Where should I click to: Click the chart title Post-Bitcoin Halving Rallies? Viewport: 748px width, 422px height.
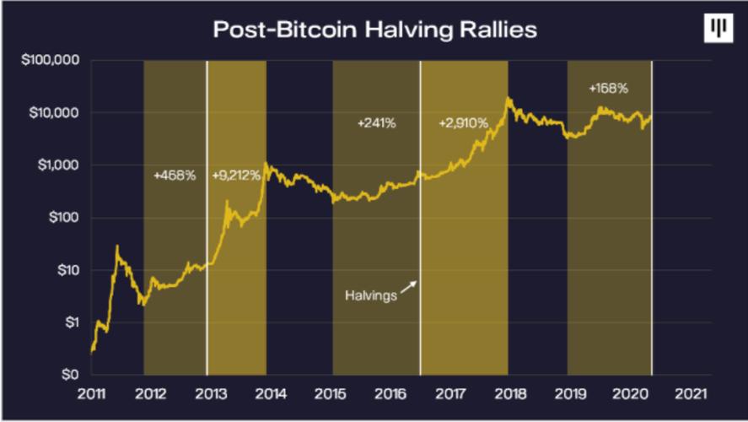(x=374, y=29)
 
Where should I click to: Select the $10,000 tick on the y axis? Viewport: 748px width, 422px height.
(x=51, y=113)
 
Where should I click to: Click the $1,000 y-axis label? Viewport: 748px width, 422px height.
(x=55, y=165)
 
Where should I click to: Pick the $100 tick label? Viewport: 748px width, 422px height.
(x=61, y=218)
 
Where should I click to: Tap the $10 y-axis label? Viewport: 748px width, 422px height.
(x=64, y=270)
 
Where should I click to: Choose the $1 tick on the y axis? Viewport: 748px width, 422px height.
(x=67, y=322)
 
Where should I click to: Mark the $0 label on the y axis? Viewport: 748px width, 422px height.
(x=67, y=375)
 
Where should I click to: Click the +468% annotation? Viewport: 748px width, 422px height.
(x=175, y=176)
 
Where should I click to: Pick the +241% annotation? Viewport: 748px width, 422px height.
(x=376, y=123)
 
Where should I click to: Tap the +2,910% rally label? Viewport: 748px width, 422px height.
(x=463, y=123)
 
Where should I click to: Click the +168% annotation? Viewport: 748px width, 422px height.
(x=609, y=87)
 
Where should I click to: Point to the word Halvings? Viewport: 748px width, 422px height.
(x=371, y=296)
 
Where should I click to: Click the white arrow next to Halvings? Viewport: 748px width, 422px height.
(x=409, y=288)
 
